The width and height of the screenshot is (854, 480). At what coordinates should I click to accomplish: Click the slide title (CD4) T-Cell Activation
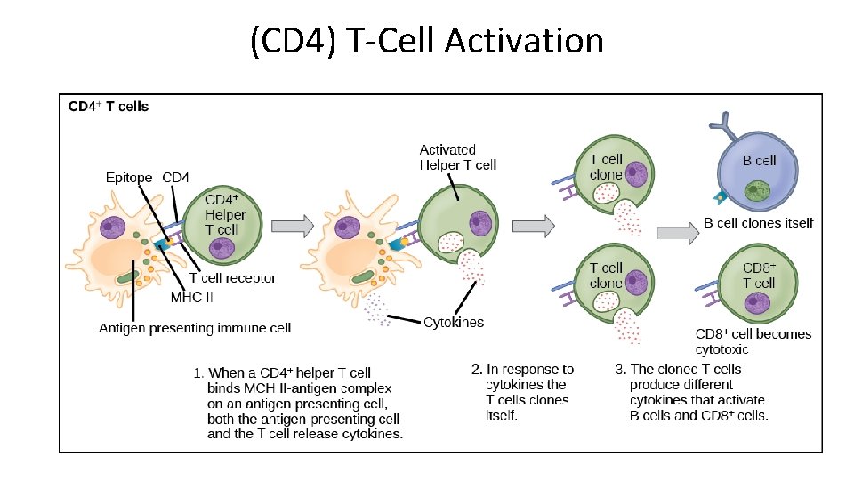[x=427, y=41]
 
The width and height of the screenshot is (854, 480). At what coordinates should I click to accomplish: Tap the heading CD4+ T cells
[x=109, y=107]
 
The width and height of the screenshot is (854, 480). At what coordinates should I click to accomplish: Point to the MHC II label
[x=192, y=298]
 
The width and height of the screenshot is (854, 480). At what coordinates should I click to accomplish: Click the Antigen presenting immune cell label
[x=194, y=328]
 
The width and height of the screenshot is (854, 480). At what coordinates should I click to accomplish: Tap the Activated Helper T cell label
[x=458, y=157]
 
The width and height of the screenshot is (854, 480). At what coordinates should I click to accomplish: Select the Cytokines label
[x=454, y=322]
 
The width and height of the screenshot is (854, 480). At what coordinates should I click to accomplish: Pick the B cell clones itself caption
[x=759, y=223]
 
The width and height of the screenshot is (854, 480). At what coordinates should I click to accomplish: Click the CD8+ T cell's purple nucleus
[x=758, y=306]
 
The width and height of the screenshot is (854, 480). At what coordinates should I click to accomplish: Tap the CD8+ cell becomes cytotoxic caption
[x=753, y=341]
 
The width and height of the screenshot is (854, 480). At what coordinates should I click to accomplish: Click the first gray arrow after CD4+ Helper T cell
[x=293, y=226]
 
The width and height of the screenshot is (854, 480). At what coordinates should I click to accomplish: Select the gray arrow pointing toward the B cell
[x=677, y=233]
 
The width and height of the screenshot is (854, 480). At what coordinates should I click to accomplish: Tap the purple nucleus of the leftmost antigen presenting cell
[x=114, y=229]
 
